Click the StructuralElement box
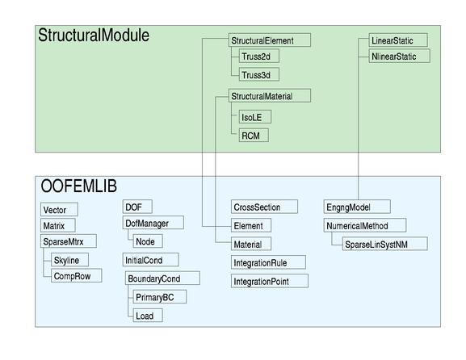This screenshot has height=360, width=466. point(270,40)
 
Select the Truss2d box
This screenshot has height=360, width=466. point(259,56)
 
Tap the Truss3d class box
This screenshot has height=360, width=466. point(259,74)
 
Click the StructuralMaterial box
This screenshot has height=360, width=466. point(270,95)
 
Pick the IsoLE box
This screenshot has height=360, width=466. point(255,117)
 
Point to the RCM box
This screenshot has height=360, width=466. point(254,135)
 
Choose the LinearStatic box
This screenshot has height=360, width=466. point(398,40)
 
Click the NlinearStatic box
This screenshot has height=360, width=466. point(400,56)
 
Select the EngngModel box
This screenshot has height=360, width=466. point(357,207)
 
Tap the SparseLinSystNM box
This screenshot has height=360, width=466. point(385,244)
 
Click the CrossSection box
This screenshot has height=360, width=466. point(264,207)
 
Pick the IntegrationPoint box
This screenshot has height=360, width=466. point(270,281)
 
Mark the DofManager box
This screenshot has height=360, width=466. point(153,223)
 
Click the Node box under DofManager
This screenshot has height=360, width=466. point(148,241)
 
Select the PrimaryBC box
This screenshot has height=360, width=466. point(160,297)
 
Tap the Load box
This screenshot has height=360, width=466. point(148,315)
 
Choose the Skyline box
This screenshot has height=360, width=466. point(69,260)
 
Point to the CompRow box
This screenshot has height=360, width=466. point(77,275)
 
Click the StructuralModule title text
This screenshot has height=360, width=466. point(94,35)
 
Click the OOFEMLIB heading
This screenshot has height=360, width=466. point(79,186)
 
